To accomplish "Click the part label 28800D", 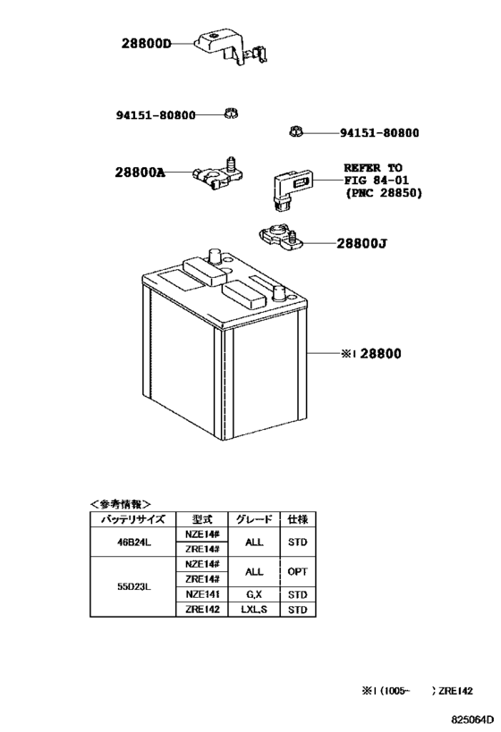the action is [x=147, y=44].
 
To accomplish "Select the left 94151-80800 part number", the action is [x=156, y=114].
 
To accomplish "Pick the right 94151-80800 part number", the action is [x=379, y=133].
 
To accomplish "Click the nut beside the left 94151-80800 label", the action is [x=231, y=114].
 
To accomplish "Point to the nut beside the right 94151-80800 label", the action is [x=295, y=132].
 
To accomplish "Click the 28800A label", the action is [x=140, y=172].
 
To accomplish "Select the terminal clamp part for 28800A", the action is [x=217, y=172].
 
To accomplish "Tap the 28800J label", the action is [x=361, y=244].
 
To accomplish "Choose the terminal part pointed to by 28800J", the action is [x=281, y=238].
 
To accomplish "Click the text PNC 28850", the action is [x=383, y=193].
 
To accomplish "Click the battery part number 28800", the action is [x=381, y=354].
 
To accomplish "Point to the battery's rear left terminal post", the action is [x=214, y=256].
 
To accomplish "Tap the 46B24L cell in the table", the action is [x=132, y=543].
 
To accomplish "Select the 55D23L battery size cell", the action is [x=132, y=587].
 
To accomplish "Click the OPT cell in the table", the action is [x=297, y=571].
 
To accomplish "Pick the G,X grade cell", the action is [x=254, y=594].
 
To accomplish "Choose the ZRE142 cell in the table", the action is [x=202, y=610].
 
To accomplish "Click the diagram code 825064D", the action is [x=472, y=719].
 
